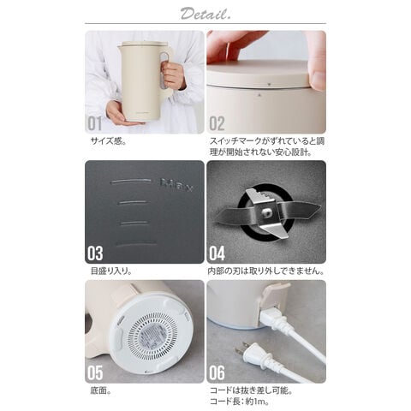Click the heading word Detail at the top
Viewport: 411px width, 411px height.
coord(205,13)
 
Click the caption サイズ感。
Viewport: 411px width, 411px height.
coord(109,140)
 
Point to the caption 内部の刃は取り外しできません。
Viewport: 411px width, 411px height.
coord(266,271)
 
